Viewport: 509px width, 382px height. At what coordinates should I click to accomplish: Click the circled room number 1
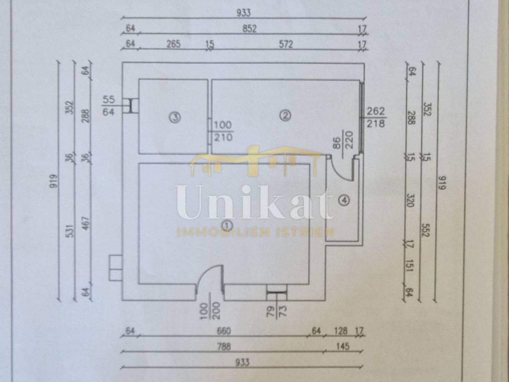click(228, 225)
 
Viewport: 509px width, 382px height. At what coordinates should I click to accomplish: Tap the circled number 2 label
click(285, 116)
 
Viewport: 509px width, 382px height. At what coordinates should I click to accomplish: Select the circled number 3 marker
click(173, 117)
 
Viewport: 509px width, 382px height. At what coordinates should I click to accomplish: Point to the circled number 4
click(344, 200)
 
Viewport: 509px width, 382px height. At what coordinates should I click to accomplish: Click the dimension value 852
click(250, 28)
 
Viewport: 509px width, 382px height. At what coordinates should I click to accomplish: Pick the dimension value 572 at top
click(286, 44)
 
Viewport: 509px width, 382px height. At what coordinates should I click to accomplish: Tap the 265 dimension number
click(173, 44)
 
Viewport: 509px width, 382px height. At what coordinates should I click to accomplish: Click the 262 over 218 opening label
click(375, 117)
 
